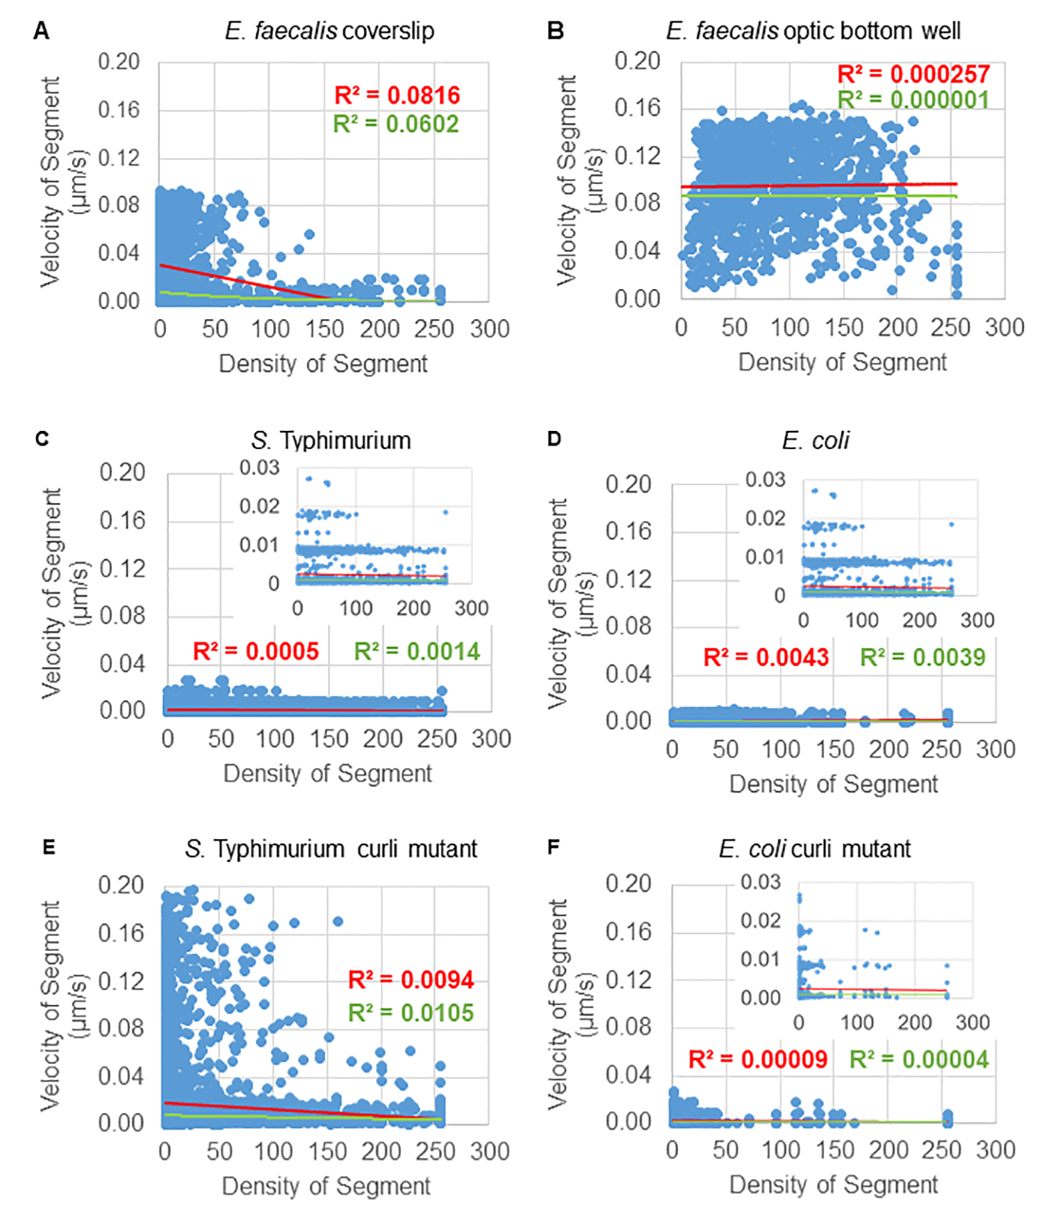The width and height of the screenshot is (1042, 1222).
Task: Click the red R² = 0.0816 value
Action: [397, 95]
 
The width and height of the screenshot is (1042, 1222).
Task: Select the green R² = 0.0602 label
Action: [396, 124]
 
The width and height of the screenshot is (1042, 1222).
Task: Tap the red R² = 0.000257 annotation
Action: [913, 74]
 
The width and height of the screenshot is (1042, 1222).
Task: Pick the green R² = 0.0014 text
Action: [417, 651]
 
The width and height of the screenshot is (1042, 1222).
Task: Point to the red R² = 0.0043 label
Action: [766, 657]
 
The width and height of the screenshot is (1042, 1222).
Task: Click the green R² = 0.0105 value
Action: [411, 1013]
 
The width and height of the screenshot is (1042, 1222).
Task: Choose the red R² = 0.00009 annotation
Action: [758, 1059]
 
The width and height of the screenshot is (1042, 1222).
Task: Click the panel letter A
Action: [42, 31]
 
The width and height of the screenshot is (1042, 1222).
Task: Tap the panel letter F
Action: [554, 848]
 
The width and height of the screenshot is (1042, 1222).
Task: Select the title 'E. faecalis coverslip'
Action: [329, 31]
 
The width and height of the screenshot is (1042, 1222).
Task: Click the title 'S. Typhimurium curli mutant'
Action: [331, 849]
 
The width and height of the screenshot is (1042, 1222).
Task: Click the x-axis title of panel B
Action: [842, 362]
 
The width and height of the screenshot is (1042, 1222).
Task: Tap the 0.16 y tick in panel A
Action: [118, 110]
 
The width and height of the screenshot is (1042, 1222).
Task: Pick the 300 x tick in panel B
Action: [1004, 327]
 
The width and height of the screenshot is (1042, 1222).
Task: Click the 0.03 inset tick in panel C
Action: [259, 468]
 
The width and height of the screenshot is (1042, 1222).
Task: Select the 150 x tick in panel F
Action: [834, 1150]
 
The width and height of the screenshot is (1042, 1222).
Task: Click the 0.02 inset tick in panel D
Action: [765, 518]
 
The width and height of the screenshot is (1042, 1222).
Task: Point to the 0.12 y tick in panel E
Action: [120, 981]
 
